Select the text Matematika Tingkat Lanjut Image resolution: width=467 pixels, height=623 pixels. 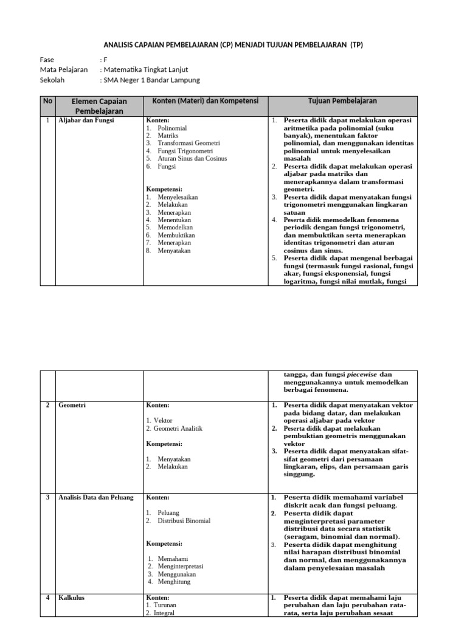(x=146, y=69)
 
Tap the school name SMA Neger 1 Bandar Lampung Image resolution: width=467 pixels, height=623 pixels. (x=151, y=80)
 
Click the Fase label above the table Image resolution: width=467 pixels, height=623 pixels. (x=47, y=60)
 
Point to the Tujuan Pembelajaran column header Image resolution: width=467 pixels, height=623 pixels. (x=333, y=100)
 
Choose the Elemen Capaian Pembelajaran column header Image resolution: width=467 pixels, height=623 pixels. (x=99, y=106)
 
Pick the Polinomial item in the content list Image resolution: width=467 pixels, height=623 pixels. (x=172, y=129)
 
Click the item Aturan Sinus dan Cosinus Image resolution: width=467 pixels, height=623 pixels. (x=192, y=158)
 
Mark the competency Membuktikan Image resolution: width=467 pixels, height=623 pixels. (x=176, y=235)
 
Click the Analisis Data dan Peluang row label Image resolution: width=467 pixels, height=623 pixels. (x=95, y=498)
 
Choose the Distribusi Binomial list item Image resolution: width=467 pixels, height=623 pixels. (x=184, y=521)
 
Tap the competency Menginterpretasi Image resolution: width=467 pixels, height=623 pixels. (x=181, y=566)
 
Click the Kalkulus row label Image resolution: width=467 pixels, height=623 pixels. (x=72, y=597)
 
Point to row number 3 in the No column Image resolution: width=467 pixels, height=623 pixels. (x=47, y=498)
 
